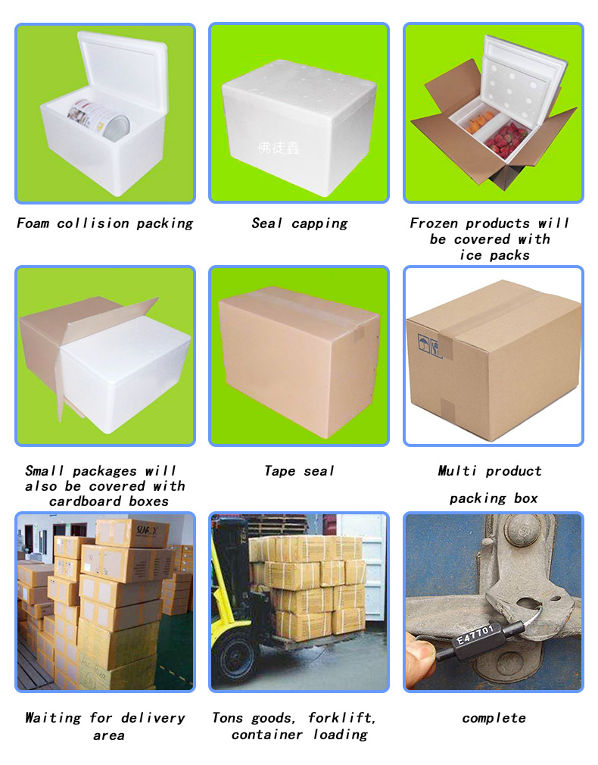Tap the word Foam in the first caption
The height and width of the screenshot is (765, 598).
[34, 223]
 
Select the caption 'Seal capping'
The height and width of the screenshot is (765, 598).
[299, 223]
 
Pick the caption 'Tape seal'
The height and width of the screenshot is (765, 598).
[299, 471]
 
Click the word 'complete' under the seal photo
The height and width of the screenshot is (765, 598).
[494, 718]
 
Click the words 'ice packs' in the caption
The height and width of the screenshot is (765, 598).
[494, 255]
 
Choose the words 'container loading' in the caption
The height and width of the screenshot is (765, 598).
[300, 735]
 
